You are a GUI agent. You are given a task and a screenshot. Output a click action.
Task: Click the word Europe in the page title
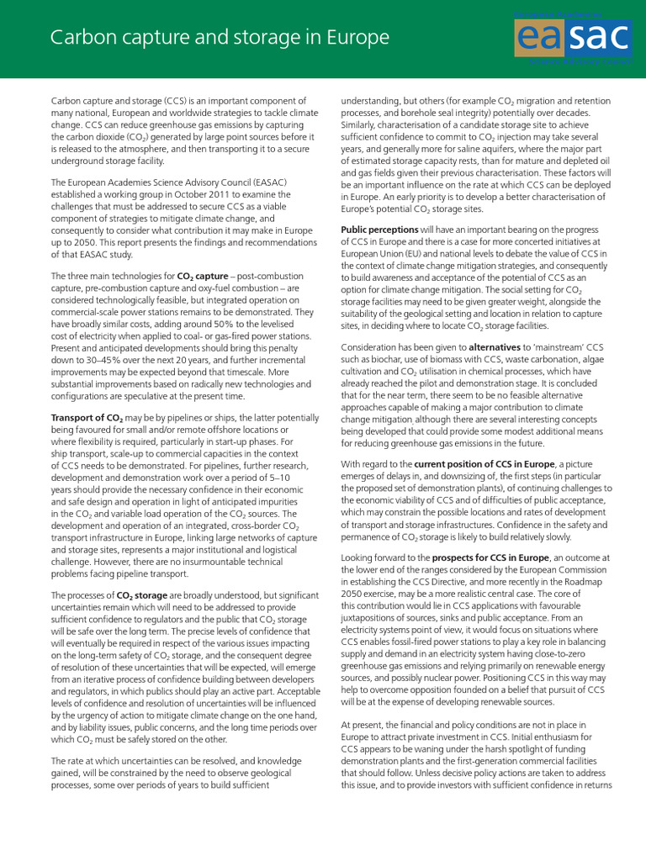point(354,38)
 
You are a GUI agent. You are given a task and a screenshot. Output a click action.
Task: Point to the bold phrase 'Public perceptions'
point(379,230)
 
